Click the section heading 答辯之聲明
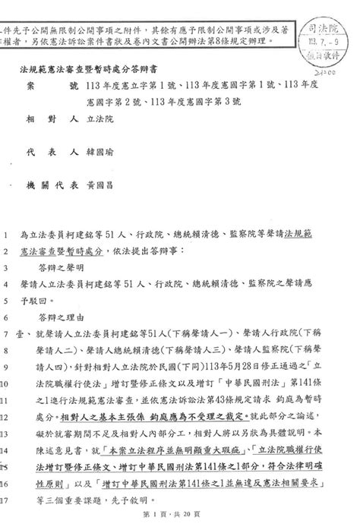coord(62,270)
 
